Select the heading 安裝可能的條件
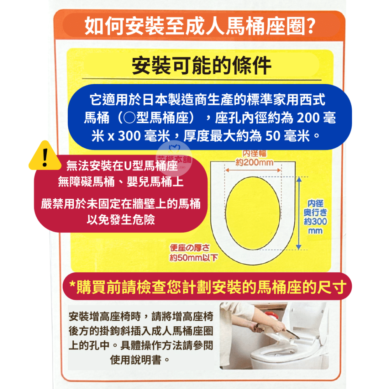tap(202, 66)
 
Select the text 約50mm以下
tap(193, 257)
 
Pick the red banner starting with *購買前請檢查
tap(207, 289)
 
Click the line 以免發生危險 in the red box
tap(121, 220)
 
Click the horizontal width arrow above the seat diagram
tap(254, 170)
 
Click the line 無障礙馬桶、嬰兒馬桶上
tap(121, 181)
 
